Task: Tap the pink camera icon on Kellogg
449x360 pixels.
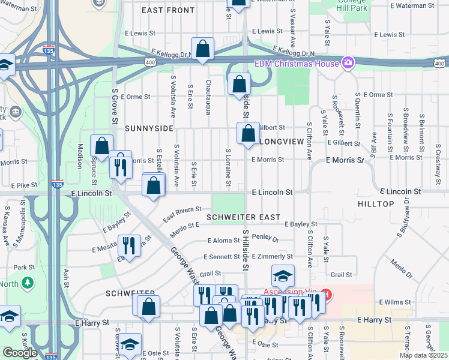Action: point(348,62)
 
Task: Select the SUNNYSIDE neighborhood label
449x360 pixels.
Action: point(149,128)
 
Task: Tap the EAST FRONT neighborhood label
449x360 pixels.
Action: point(168,11)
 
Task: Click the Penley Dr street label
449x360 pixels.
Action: point(266,238)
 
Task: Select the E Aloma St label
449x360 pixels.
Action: point(223,240)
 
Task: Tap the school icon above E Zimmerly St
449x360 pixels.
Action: point(283,276)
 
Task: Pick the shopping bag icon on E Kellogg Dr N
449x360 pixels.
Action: point(203,49)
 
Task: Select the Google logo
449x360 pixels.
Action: point(20,353)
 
